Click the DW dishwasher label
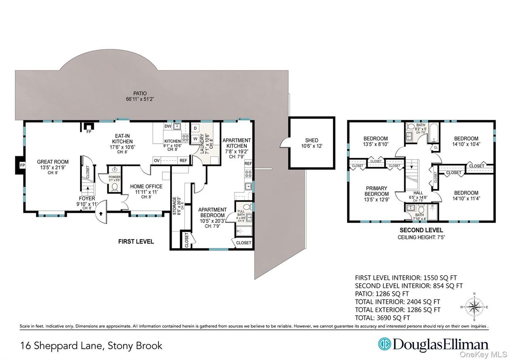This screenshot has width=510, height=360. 167,126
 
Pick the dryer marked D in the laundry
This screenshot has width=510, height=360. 196,129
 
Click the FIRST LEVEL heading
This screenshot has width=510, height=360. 136,241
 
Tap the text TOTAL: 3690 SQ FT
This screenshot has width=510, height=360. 382,318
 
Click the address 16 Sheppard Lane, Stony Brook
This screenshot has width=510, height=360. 91,346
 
